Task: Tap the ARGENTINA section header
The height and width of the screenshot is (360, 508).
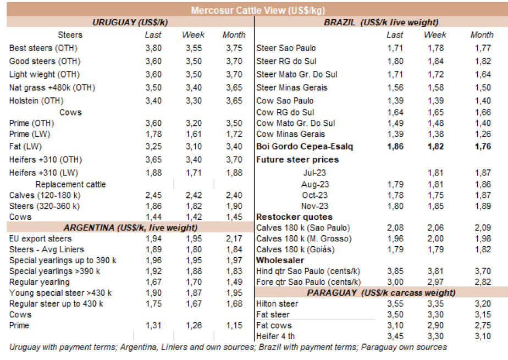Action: coord(130,228)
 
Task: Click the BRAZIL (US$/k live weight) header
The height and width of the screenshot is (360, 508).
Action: coord(381,22)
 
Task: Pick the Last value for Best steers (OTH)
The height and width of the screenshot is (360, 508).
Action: coord(153,48)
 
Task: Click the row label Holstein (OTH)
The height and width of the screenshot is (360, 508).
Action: coord(36,101)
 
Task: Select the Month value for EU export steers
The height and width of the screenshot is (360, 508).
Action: coord(234,239)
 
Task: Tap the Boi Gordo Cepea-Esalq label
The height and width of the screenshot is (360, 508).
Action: coord(305,147)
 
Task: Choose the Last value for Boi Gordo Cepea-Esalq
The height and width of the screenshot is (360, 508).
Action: coord(395,147)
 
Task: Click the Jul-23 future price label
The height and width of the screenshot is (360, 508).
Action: coord(314,173)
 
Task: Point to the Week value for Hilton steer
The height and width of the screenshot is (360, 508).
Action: coord(435,304)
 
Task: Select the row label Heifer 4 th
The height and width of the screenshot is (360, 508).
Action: coord(275,336)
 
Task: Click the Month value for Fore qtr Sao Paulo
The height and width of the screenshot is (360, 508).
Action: coord(482,282)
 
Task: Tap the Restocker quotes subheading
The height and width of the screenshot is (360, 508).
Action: coord(294,217)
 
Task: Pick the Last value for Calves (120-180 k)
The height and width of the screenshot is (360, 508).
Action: coord(153,195)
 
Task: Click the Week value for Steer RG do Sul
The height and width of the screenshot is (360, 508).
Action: coord(435,62)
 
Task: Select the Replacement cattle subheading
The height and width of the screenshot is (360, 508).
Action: coord(70,184)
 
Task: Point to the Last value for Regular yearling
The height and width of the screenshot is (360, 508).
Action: coord(153,282)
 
